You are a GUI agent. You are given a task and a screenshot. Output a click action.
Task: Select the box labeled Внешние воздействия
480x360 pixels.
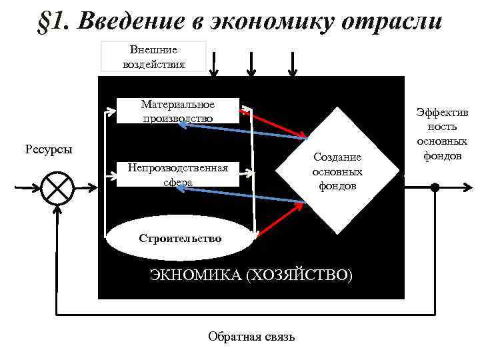tap(153, 57)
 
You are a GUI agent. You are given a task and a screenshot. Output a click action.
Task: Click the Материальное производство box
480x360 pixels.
tap(177, 111)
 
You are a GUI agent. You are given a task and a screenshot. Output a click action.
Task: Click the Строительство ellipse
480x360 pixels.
tap(180, 238)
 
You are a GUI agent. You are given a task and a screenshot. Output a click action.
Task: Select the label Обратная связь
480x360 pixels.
tap(251, 337)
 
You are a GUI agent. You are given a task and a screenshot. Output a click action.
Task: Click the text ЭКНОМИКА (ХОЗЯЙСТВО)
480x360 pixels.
tap(251, 275)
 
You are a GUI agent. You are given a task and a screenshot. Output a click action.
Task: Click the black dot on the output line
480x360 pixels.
tap(435, 188)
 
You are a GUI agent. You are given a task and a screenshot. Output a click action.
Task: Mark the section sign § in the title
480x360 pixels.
tap(44, 21)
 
